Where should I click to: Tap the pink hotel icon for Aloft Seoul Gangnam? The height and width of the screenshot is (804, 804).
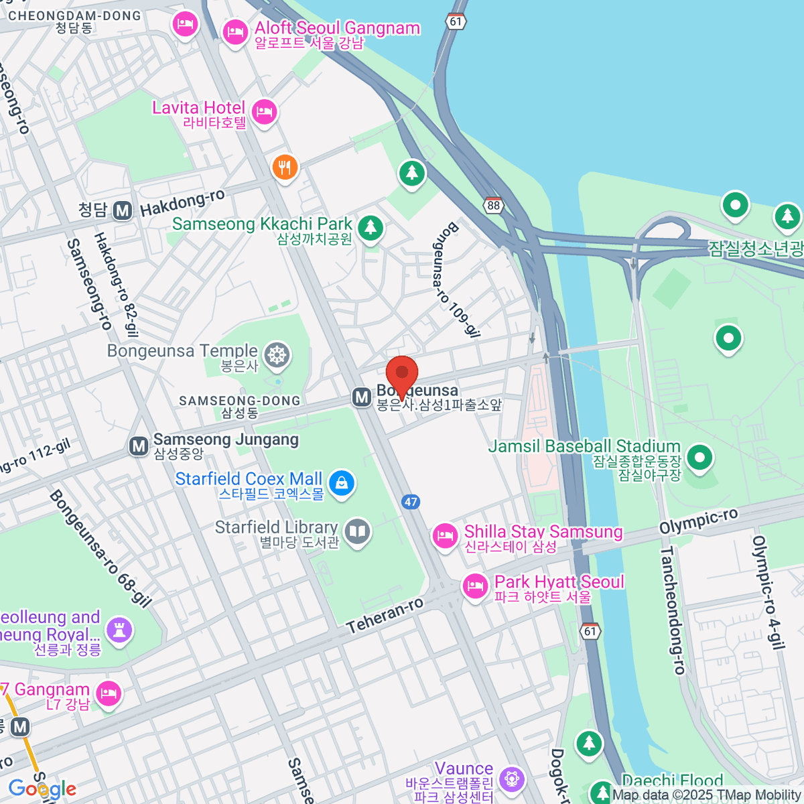click(x=235, y=31)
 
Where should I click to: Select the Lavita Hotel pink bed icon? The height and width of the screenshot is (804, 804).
click(x=265, y=111)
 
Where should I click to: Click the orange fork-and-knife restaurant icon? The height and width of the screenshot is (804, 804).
click(x=285, y=167)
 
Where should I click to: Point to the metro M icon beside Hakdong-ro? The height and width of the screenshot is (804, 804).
click(x=122, y=210)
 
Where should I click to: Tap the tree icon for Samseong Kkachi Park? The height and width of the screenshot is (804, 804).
click(x=370, y=228)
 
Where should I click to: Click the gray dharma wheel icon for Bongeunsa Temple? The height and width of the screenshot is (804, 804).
click(x=277, y=354)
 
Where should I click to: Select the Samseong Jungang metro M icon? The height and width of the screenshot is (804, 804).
click(x=139, y=446)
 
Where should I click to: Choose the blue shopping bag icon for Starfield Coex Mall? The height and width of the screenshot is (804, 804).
click(x=342, y=482)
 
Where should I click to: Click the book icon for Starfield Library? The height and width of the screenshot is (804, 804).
click(x=358, y=532)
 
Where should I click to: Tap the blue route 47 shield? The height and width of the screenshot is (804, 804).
click(x=411, y=501)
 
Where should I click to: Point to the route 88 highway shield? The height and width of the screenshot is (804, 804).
click(x=494, y=205)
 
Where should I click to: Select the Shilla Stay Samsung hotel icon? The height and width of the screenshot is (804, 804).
click(x=444, y=535)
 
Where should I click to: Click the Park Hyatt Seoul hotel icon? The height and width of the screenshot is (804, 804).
click(x=475, y=586)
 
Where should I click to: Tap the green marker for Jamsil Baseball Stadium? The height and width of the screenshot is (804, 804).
click(x=700, y=458)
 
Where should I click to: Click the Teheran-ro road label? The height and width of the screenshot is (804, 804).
click(x=385, y=614)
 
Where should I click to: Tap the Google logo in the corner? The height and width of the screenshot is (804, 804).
click(x=42, y=789)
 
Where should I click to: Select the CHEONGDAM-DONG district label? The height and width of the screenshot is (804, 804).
click(x=74, y=15)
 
